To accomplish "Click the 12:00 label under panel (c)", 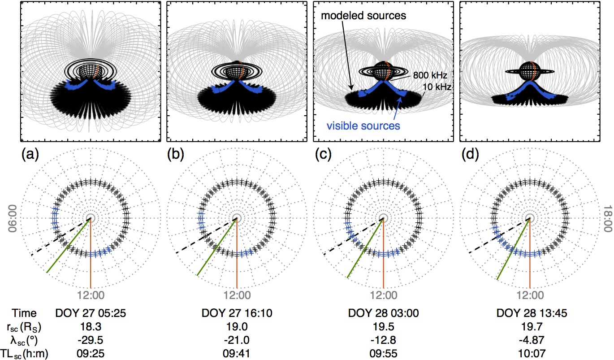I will pos(383,295).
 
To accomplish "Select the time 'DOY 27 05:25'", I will pos(90,313).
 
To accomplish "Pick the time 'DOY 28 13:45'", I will pos(529,313).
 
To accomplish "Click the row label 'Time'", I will pos(25,313).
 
